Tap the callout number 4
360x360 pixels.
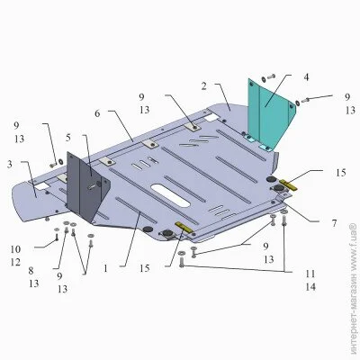tap(306, 77)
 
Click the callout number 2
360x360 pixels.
tap(204, 86)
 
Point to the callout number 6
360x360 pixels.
tap(97, 114)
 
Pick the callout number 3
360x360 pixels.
tap(10, 165)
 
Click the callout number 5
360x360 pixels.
tap(68, 138)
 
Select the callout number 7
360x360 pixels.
tap(334, 223)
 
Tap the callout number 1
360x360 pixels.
tap(105, 268)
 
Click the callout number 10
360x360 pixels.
tap(15, 249)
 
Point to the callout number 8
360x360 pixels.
tap(31, 271)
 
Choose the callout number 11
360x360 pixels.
tap(310, 274)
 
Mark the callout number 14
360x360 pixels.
tap(310, 287)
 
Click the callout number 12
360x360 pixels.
tap(15, 262)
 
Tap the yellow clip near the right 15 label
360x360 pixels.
tap(288, 184)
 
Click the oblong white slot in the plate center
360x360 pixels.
tap(170, 195)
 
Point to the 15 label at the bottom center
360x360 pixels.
tap(144, 268)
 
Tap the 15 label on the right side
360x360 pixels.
tap(341, 173)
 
